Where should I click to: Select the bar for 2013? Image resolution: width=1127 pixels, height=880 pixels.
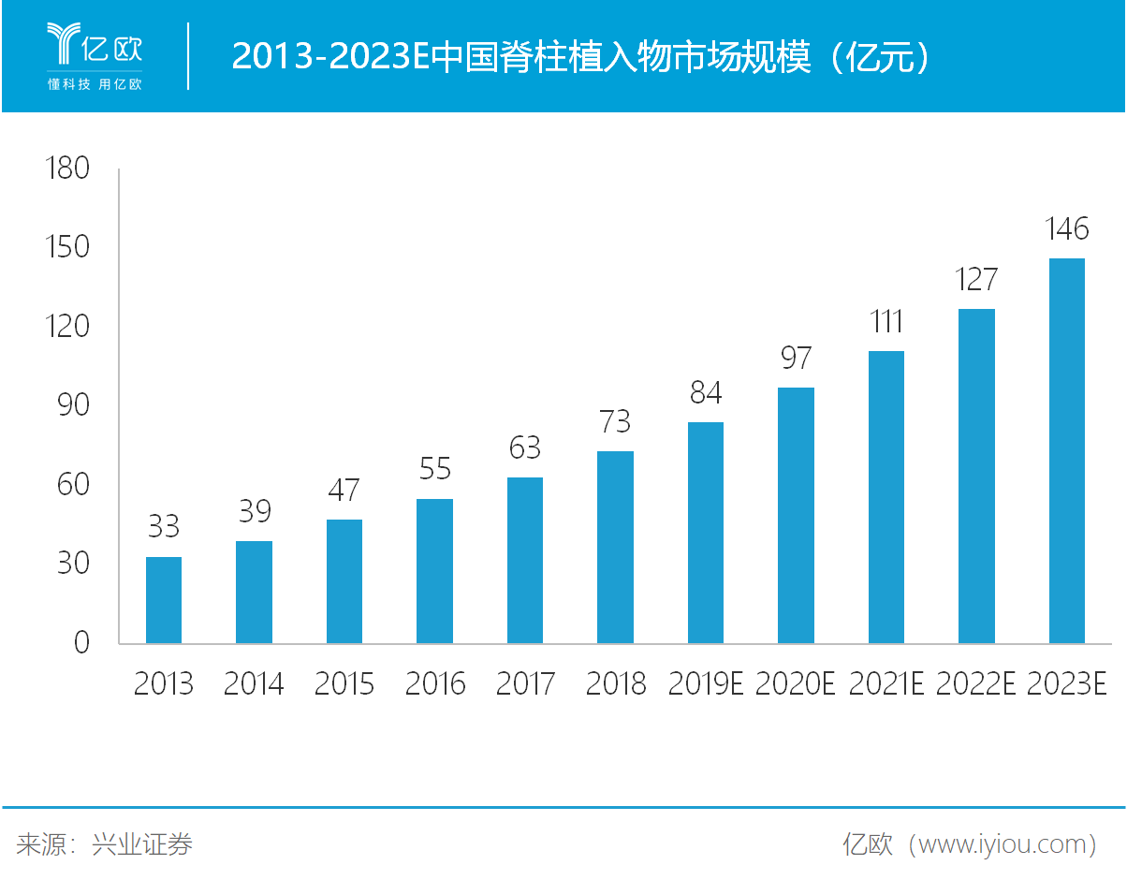[164, 600]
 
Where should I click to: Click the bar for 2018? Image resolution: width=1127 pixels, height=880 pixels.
[615, 548]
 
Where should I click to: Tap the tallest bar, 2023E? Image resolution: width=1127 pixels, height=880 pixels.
[1066, 450]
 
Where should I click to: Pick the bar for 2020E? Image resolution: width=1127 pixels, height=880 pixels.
[796, 516]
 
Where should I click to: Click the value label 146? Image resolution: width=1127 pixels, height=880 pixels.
[1066, 229]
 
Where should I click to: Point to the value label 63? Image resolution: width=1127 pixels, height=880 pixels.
[525, 448]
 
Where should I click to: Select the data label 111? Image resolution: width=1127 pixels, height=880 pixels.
[885, 322]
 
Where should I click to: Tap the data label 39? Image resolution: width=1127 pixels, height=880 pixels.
[254, 512]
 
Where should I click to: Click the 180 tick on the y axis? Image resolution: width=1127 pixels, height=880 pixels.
[67, 169]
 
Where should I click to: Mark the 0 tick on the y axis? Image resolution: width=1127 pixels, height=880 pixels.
[80, 643]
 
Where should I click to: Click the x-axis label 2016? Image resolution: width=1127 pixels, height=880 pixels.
[435, 684]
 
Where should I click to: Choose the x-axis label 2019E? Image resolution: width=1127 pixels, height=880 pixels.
[706, 684]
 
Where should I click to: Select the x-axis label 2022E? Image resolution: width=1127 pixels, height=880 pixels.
[976, 684]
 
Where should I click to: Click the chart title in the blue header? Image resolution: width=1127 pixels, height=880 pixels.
[581, 57]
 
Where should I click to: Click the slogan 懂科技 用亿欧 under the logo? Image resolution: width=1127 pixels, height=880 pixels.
[95, 84]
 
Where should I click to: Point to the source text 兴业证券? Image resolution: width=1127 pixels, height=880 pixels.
[142, 844]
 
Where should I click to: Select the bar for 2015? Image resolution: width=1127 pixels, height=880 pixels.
[344, 581]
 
